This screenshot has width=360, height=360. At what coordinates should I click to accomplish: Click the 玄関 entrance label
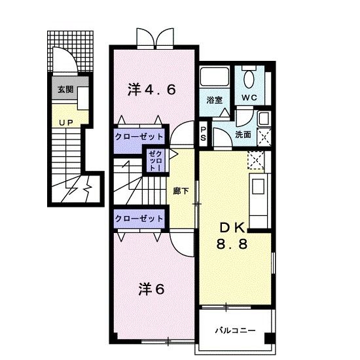(x=65, y=90)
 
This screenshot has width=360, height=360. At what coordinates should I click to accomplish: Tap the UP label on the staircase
(x=65, y=122)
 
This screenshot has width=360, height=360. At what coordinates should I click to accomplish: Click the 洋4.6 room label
(x=151, y=90)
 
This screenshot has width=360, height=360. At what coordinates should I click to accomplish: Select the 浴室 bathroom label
(x=214, y=100)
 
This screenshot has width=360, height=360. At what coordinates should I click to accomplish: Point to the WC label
(x=249, y=98)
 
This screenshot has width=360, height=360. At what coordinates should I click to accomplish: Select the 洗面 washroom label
(x=243, y=134)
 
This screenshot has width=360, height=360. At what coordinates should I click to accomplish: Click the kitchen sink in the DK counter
(x=257, y=185)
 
